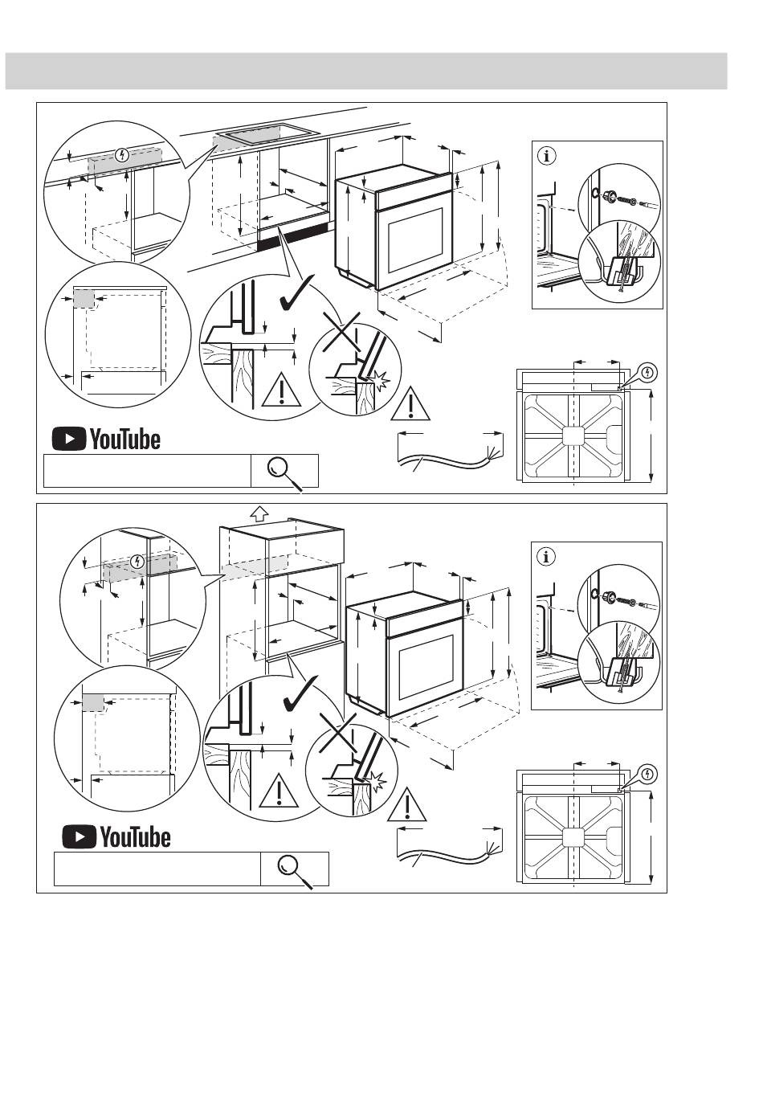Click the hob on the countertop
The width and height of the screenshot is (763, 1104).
(266, 135)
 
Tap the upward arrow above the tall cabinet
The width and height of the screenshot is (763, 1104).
(258, 513)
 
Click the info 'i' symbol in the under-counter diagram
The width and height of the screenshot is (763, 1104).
(547, 156)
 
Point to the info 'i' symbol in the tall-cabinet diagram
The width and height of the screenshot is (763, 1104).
(547, 556)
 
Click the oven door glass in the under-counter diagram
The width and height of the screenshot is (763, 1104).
(416, 238)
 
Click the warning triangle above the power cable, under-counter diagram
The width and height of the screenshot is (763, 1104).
(411, 406)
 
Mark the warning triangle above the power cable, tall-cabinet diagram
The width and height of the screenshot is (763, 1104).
(406, 804)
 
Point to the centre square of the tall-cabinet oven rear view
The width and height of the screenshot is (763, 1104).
(573, 836)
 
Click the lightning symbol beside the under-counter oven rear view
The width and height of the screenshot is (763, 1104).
(649, 373)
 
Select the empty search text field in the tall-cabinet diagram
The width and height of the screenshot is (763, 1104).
(157, 869)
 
